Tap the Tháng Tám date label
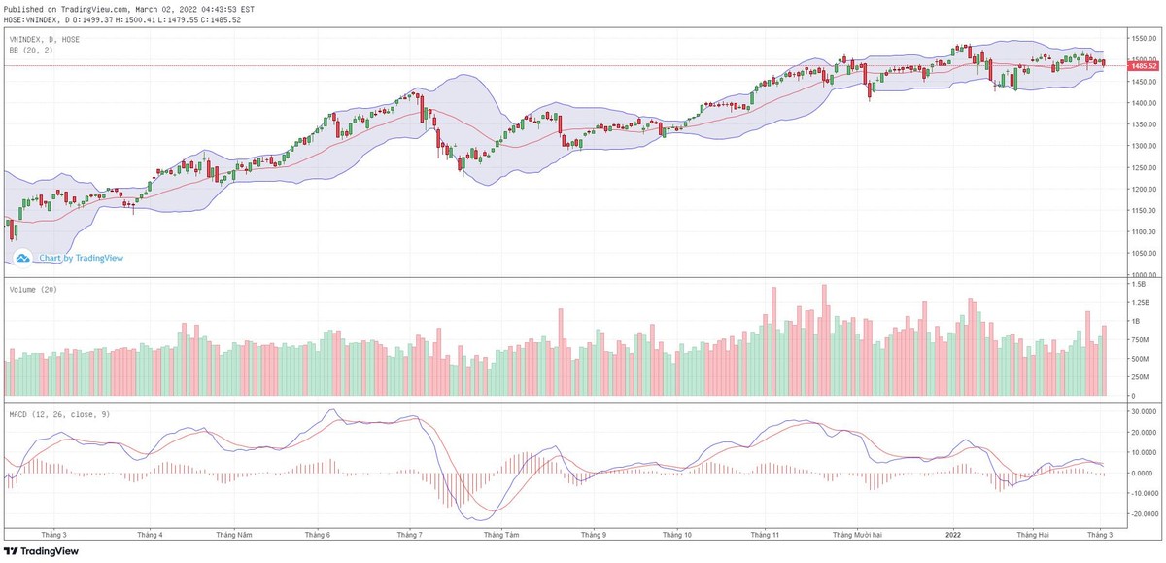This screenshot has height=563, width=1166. pos(499,535)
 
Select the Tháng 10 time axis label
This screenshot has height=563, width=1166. pos(677,535)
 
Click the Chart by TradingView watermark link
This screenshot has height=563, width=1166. pos(81,258)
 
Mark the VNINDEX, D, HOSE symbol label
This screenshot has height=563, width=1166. pos(45,39)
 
